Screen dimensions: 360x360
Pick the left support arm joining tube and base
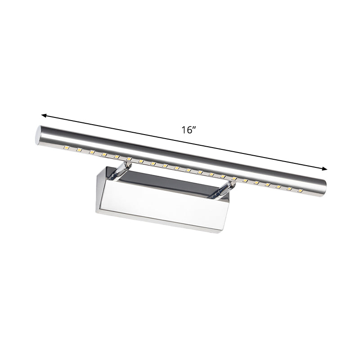point(119,171)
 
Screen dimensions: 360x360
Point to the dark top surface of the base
point(171,182)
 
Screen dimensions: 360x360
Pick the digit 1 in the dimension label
point(183,130)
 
